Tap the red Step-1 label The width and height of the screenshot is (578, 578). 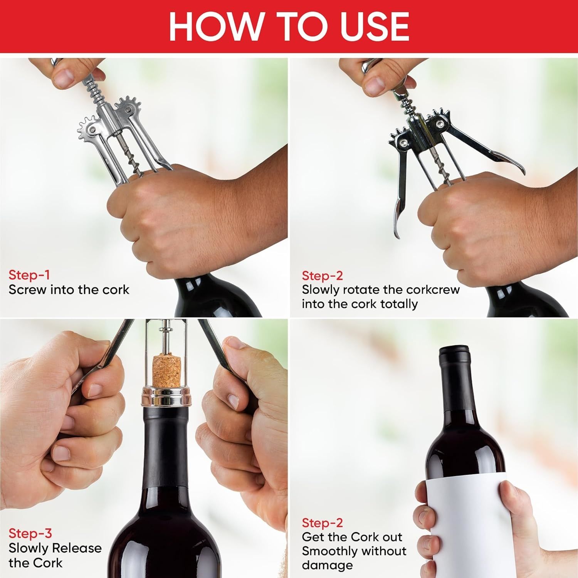point(29,275)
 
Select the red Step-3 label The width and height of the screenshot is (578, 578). point(30,533)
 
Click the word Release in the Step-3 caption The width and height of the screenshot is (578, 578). point(77,548)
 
